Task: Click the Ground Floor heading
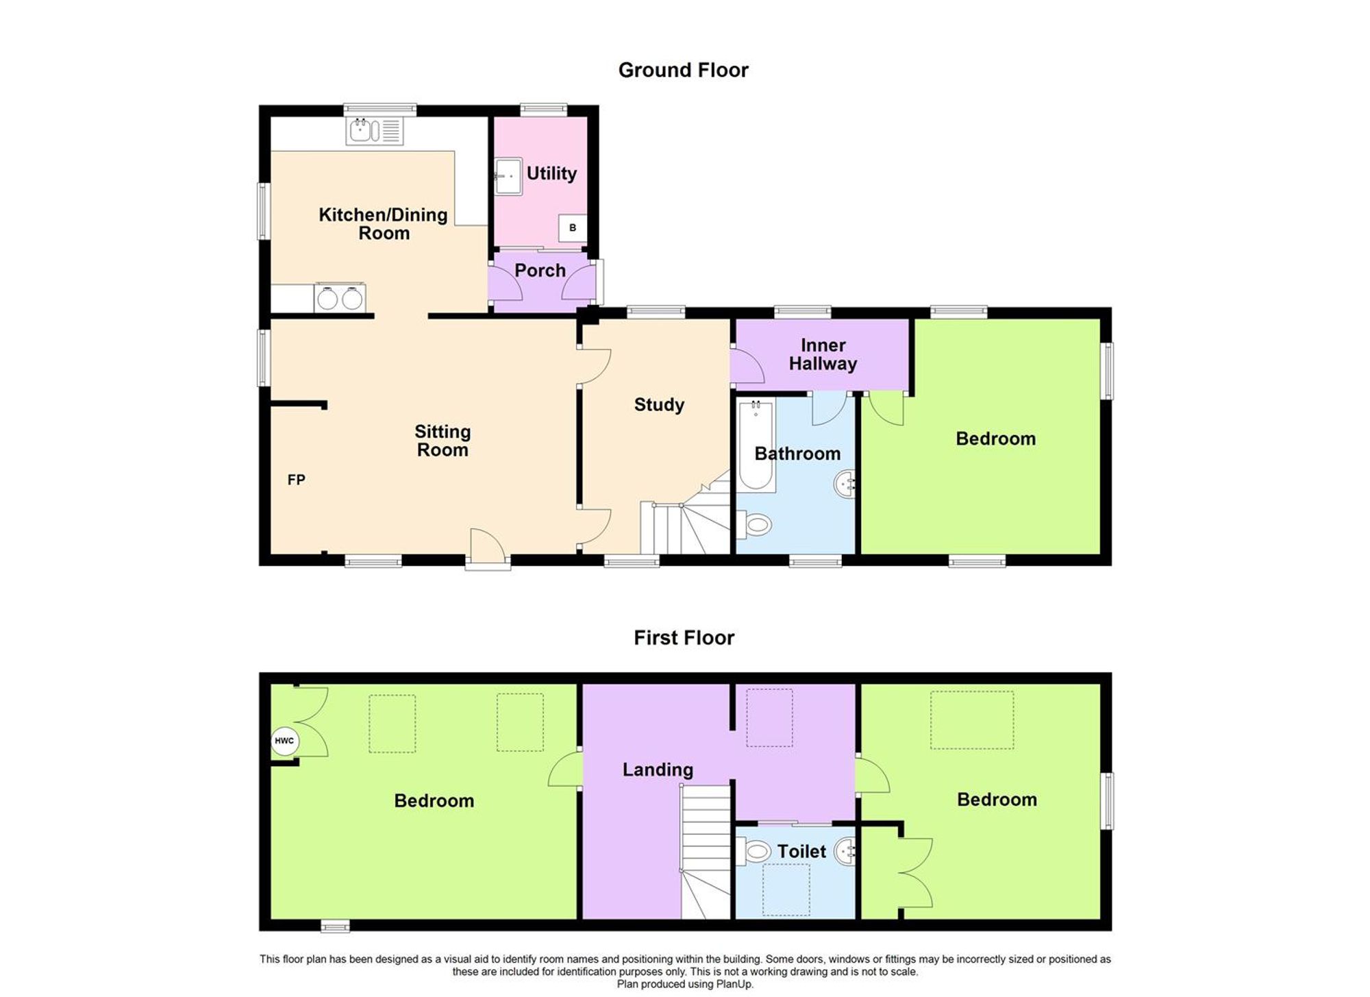click(683, 70)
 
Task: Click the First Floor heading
click(684, 638)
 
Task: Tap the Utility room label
click(551, 173)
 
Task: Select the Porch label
click(540, 271)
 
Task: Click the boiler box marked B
click(573, 228)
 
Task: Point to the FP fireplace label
click(296, 480)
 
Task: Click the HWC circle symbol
click(284, 741)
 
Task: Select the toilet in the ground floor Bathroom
click(755, 526)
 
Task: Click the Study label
click(659, 404)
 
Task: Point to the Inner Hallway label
click(823, 354)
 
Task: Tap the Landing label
click(658, 770)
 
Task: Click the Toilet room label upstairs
click(801, 852)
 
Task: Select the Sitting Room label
click(443, 441)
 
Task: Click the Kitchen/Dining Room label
click(384, 223)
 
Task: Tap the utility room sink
click(508, 176)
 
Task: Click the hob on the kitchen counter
click(340, 298)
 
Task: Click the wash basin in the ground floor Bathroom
click(845, 484)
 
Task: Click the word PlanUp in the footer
click(735, 984)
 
